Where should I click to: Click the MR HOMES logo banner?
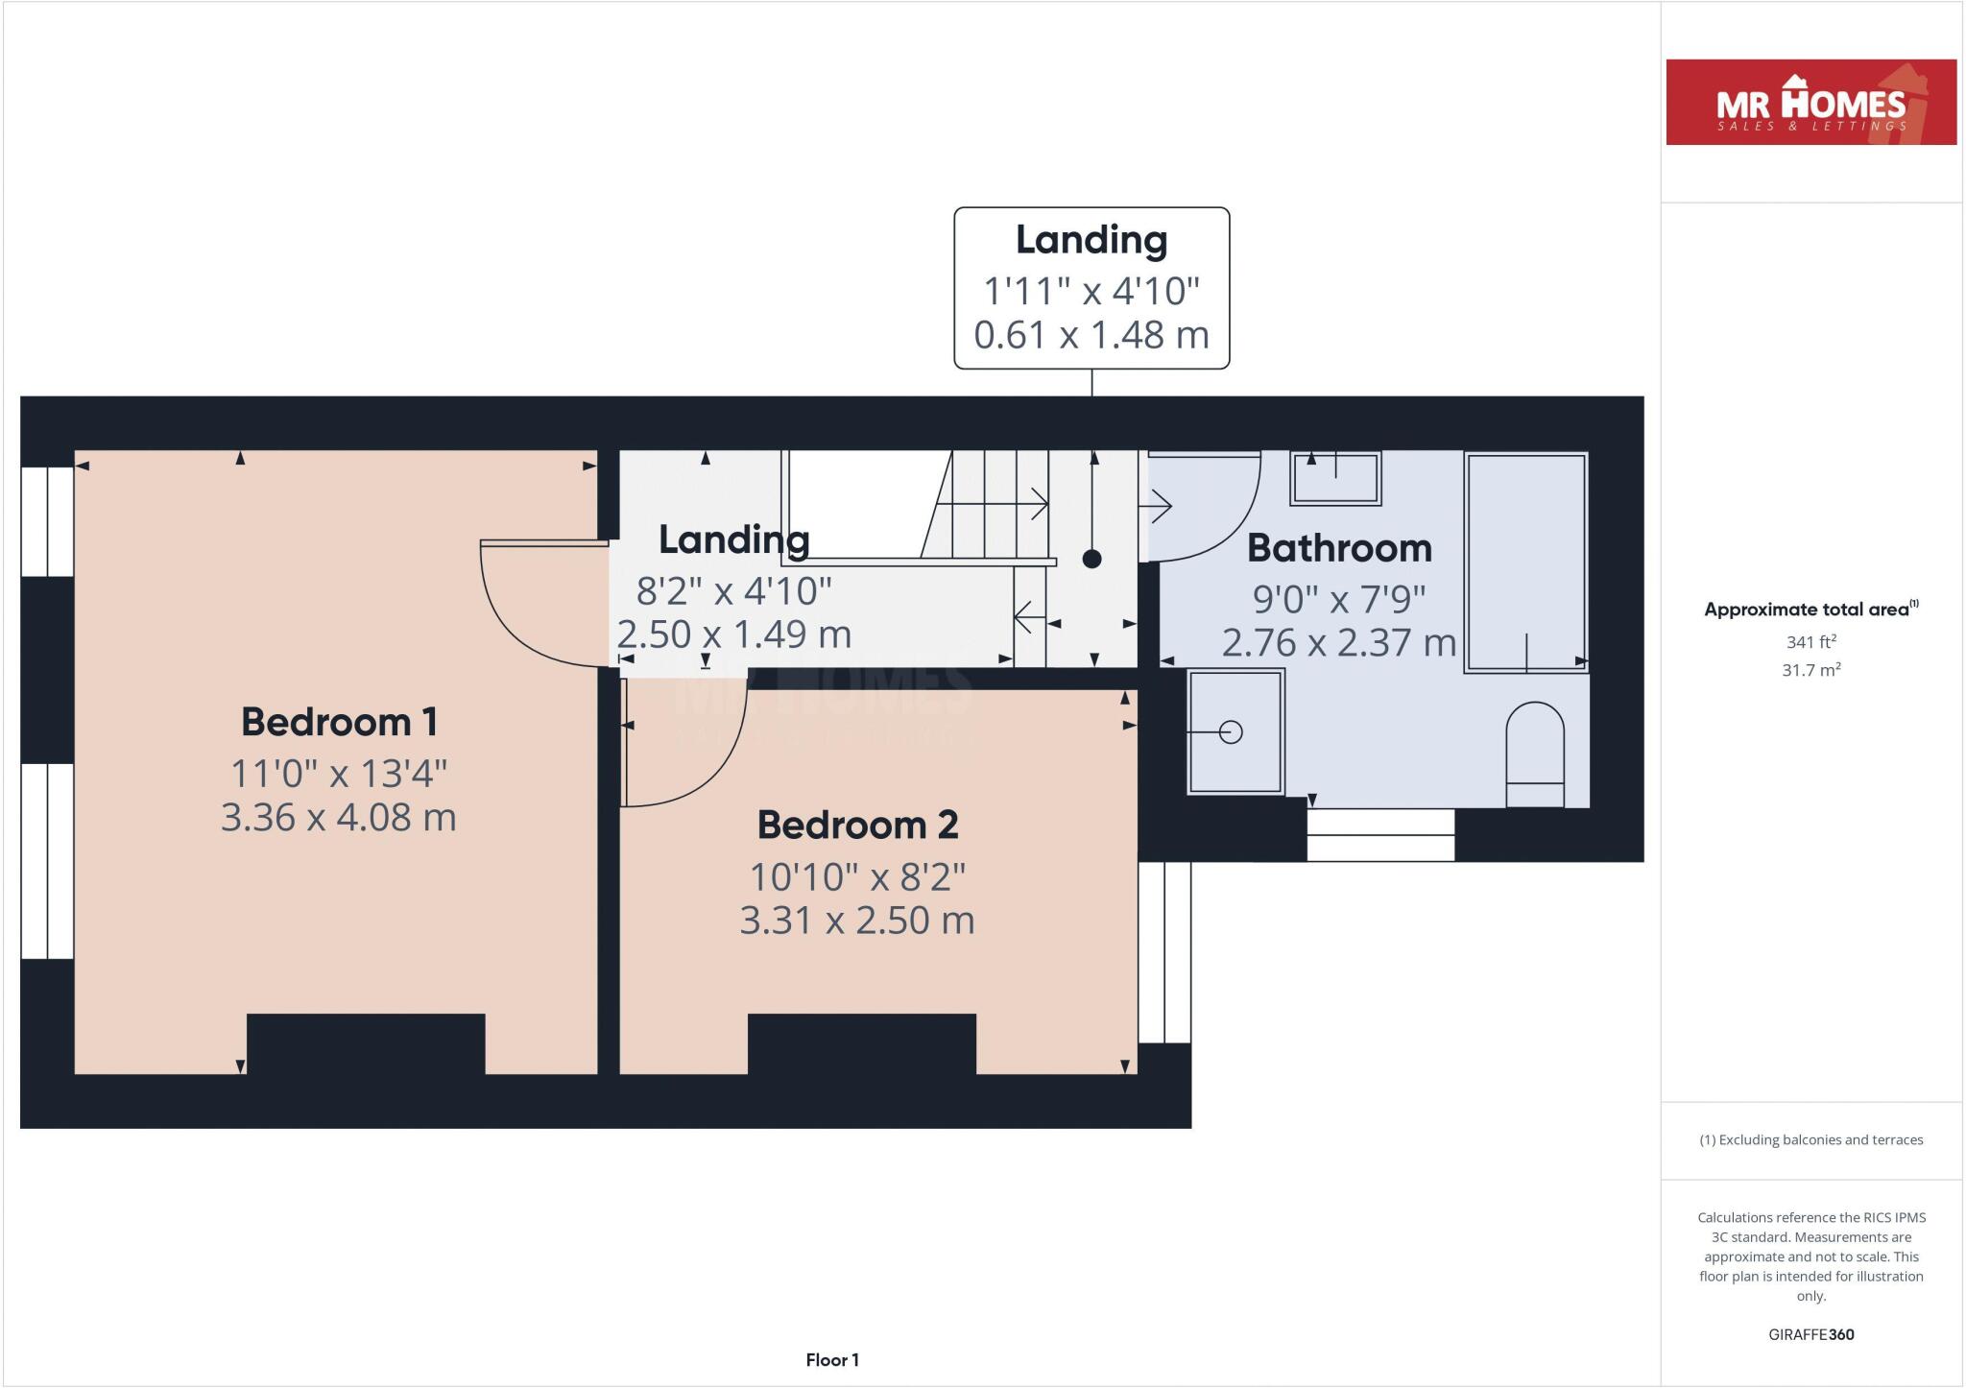click(x=1810, y=103)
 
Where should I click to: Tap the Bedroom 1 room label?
click(x=339, y=722)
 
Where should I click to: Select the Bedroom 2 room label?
click(x=857, y=825)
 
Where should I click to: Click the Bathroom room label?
click(x=1339, y=548)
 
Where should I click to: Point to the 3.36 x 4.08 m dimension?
click(x=339, y=818)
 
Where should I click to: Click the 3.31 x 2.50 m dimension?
click(x=857, y=921)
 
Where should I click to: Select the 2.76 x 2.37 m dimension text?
click(x=1339, y=642)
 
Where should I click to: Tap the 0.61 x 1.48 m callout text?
click(x=1091, y=335)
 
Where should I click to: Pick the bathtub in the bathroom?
click(x=1525, y=562)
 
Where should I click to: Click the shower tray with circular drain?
click(x=1235, y=731)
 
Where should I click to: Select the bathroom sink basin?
click(x=1336, y=478)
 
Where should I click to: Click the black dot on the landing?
click(x=1091, y=559)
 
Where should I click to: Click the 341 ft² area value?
click(x=1810, y=642)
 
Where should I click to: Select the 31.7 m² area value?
click(x=1810, y=670)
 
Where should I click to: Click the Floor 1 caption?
click(x=832, y=1360)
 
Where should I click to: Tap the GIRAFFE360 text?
click(x=1810, y=1334)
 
